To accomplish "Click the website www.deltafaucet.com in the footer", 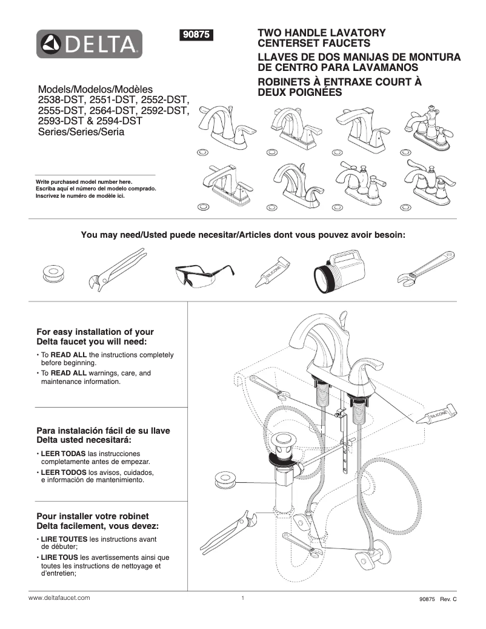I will coord(59,597).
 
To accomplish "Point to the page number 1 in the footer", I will coord(242,598).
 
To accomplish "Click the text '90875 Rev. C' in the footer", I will coord(437,599).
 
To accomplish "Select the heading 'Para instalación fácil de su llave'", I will coord(103,431).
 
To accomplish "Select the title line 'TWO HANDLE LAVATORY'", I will coord(322,33).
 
